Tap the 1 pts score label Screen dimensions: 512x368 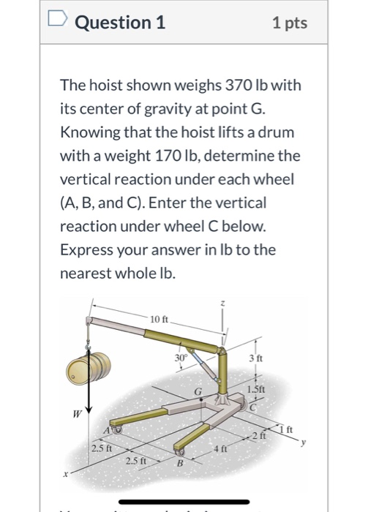coord(289,23)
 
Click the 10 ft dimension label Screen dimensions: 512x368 coord(159,318)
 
